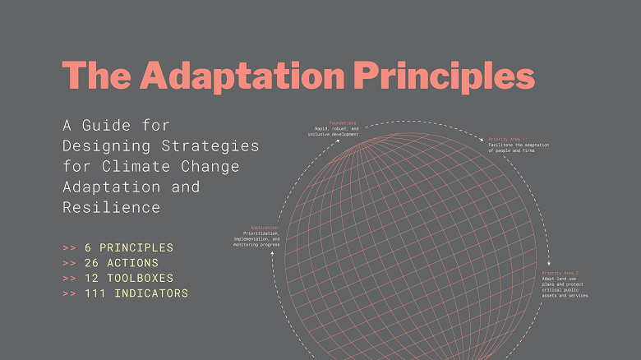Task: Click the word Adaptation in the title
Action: click(x=242, y=76)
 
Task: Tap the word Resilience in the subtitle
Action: click(x=111, y=208)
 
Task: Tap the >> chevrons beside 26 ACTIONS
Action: click(x=69, y=263)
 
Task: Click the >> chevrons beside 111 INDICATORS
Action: click(x=69, y=293)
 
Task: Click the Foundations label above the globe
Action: click(x=344, y=122)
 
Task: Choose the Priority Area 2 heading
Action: click(x=560, y=272)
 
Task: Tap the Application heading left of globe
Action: click(x=264, y=227)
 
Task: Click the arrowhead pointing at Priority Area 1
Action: click(x=482, y=141)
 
